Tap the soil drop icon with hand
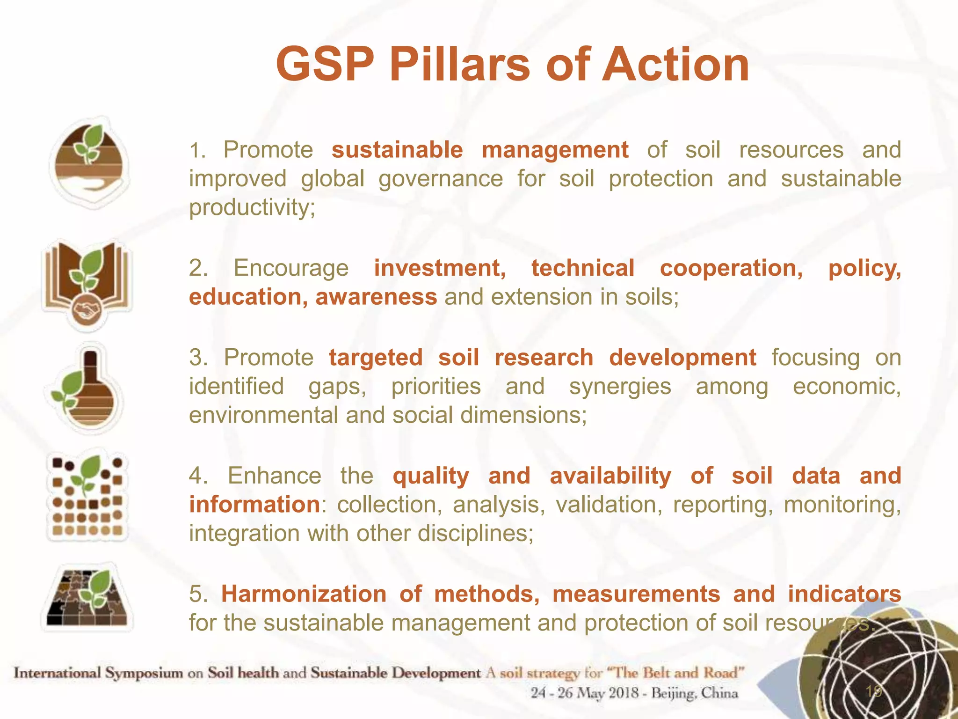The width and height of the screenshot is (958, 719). tap(89, 161)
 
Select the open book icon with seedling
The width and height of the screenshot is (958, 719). tap(87, 276)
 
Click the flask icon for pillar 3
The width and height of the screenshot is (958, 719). tap(87, 389)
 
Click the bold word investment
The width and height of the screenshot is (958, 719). tap(440, 268)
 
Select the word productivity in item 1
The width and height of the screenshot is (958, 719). tap(252, 207)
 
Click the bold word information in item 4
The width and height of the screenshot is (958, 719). tap(254, 505)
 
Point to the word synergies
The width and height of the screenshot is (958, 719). tap(620, 387)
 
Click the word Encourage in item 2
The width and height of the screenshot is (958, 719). tap(291, 268)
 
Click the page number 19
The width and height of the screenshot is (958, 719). tap(873, 691)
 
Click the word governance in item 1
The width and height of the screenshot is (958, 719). tap(440, 179)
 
